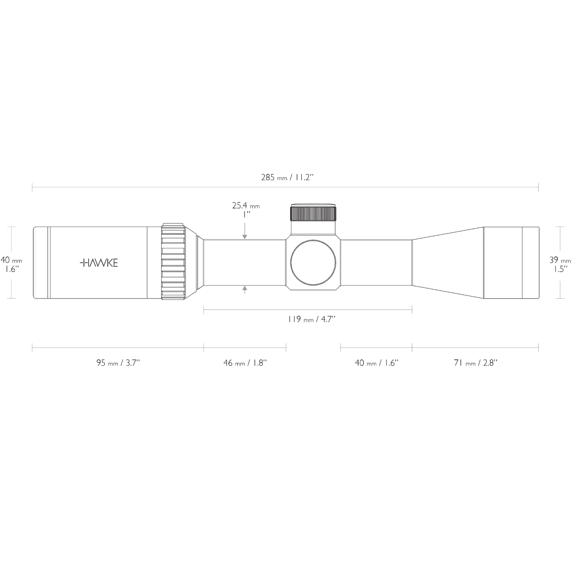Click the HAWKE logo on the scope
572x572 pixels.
coord(99,263)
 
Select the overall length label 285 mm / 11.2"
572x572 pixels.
coord(286,177)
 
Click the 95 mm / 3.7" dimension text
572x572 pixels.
coord(118,363)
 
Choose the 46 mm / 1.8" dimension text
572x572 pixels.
coord(245,363)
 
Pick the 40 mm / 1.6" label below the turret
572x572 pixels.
coord(376,363)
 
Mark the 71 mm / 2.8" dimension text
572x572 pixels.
coord(475,363)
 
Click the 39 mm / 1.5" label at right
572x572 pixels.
coord(560,264)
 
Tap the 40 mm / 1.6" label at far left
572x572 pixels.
coord(11,264)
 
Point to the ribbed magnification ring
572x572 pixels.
coord(172,262)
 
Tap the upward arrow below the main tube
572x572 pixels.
coord(245,289)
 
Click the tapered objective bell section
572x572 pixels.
coord(448,262)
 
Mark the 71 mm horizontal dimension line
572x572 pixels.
coord(475,347)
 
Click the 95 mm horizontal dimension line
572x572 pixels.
coord(118,347)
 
